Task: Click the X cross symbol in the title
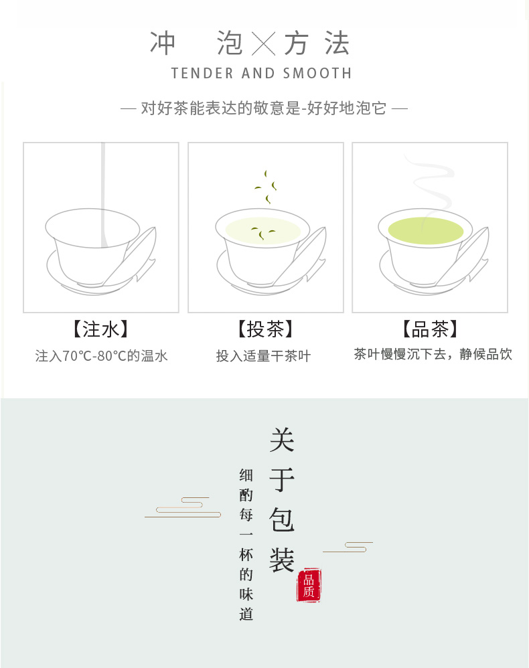263,44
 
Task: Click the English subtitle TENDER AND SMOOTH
261,73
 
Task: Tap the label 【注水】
100,329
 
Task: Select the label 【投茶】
265,329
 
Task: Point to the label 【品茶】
430,329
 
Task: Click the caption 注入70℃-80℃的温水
102,355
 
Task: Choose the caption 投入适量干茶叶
263,355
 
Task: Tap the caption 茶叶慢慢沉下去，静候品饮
433,354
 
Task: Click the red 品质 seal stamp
309,585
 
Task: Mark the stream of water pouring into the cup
103,195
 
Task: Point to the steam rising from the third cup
429,183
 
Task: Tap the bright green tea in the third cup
425,230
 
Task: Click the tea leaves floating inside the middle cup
263,233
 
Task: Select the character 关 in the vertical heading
282,440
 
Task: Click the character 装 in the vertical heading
282,560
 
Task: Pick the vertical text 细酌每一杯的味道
246,544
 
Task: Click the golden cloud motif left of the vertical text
183,507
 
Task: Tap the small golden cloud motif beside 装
348,547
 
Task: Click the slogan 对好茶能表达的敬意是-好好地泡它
264,108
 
